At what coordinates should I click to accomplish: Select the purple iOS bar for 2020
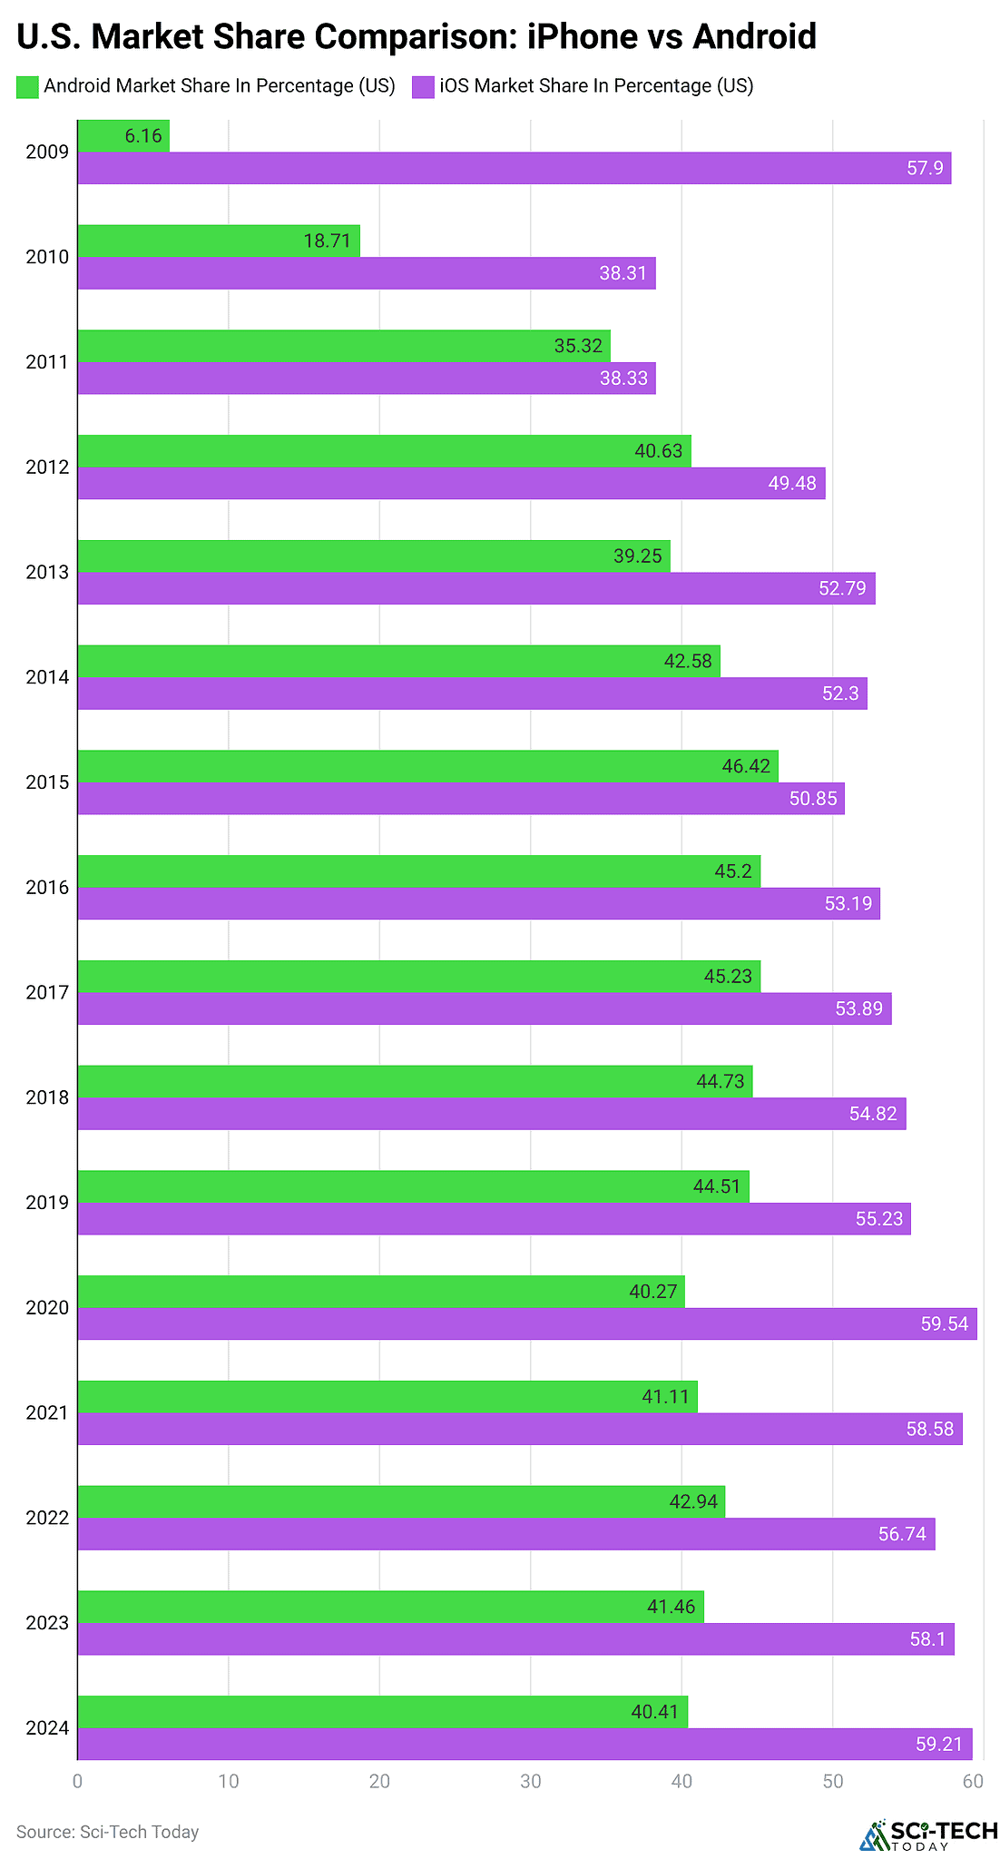point(526,1323)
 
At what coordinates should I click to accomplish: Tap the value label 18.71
point(327,241)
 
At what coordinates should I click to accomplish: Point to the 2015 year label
point(47,782)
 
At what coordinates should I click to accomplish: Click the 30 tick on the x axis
point(531,1782)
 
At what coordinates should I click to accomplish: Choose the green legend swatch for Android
point(27,86)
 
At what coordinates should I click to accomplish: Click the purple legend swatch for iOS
point(423,86)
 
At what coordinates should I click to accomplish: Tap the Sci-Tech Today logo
point(927,1834)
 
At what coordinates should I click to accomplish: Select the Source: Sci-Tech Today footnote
point(107,1832)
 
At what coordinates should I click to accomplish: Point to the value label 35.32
point(578,346)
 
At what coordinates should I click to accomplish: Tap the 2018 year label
point(47,1097)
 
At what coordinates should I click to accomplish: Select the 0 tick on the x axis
point(78,1782)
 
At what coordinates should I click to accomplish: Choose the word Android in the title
point(753,37)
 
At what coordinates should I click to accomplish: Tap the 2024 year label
point(47,1728)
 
